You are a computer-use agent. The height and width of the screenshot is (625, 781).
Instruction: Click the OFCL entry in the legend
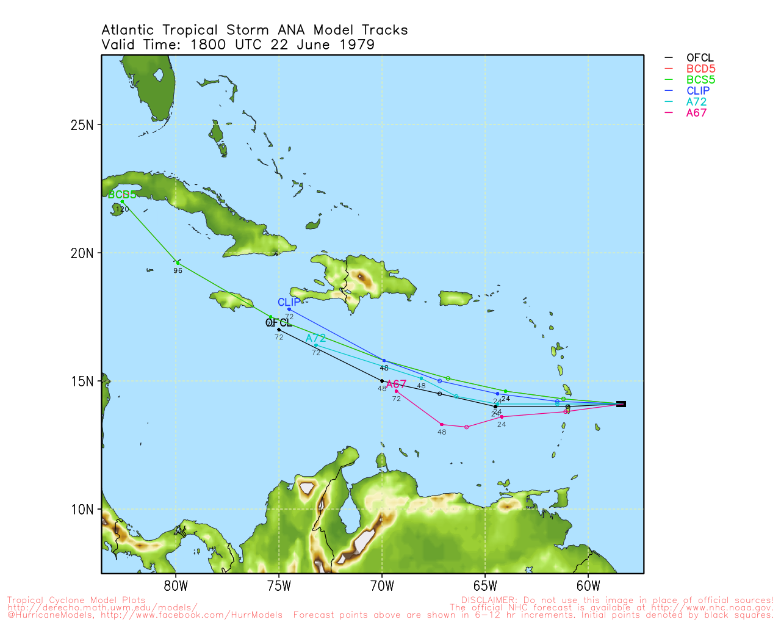pos(699,58)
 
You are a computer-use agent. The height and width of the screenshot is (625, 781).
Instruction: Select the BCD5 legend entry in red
pos(700,69)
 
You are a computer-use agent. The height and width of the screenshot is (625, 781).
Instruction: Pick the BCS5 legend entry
pos(700,80)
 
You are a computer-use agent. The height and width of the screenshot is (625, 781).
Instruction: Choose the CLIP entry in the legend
pos(698,91)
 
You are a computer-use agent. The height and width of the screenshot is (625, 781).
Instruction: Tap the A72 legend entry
pos(696,102)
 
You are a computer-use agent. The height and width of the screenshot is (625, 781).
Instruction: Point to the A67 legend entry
pos(696,113)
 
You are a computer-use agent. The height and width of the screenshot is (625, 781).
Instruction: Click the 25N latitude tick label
pos(82,125)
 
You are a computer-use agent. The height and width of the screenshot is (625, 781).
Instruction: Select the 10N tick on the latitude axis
pos(82,510)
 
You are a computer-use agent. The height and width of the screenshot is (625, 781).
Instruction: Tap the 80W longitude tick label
pos(176,587)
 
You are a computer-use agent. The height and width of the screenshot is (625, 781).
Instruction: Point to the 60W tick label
pos(588,587)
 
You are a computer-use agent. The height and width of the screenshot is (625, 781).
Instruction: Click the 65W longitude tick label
pos(485,587)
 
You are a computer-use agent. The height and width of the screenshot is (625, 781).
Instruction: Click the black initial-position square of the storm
pos(621,404)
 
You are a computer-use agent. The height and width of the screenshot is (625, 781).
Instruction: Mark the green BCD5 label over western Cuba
pos(122,195)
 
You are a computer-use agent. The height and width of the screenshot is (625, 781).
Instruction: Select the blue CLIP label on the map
pos(289,302)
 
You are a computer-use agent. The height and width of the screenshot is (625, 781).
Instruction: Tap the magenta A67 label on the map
pos(396,384)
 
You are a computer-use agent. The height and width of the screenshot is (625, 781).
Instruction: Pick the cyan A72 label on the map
pos(315,338)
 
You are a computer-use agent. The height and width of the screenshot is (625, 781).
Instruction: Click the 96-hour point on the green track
pos(177,262)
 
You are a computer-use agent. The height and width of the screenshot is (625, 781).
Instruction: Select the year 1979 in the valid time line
pos(357,45)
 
